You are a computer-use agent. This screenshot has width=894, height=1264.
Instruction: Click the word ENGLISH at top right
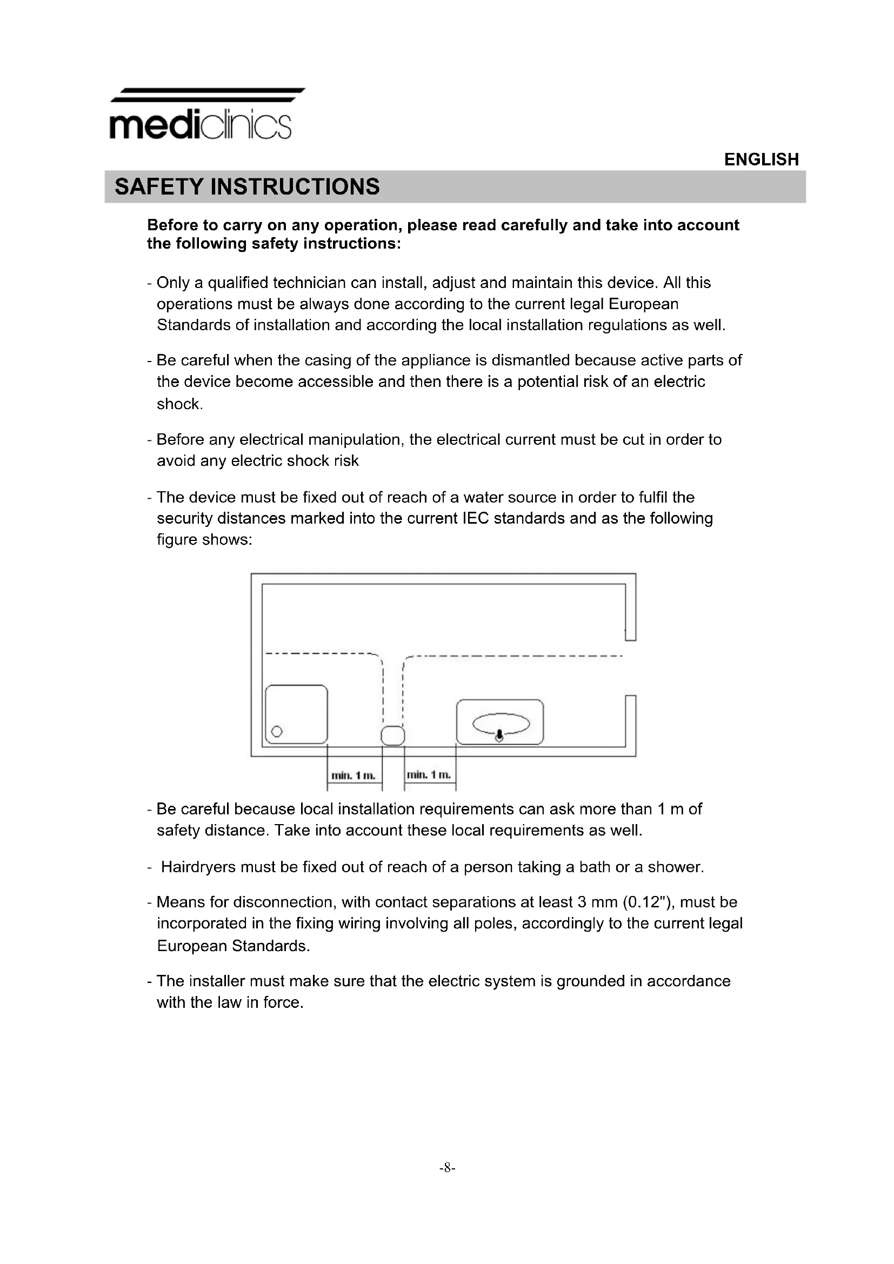(x=761, y=159)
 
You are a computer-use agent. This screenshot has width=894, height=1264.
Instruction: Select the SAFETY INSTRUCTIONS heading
(x=246, y=186)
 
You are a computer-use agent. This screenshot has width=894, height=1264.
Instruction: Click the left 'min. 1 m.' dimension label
(x=353, y=775)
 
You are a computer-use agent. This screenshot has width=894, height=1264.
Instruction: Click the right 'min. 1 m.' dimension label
(x=429, y=775)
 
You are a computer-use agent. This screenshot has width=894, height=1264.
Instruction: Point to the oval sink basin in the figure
(x=501, y=724)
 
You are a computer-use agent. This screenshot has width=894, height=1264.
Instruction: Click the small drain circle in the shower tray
(x=277, y=732)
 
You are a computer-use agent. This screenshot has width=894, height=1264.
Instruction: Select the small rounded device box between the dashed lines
(x=392, y=735)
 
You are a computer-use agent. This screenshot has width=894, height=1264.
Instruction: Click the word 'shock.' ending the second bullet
(x=179, y=404)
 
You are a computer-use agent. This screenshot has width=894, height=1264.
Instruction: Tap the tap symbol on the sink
(x=499, y=735)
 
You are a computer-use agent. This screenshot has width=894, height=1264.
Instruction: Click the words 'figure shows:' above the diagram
(x=204, y=539)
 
